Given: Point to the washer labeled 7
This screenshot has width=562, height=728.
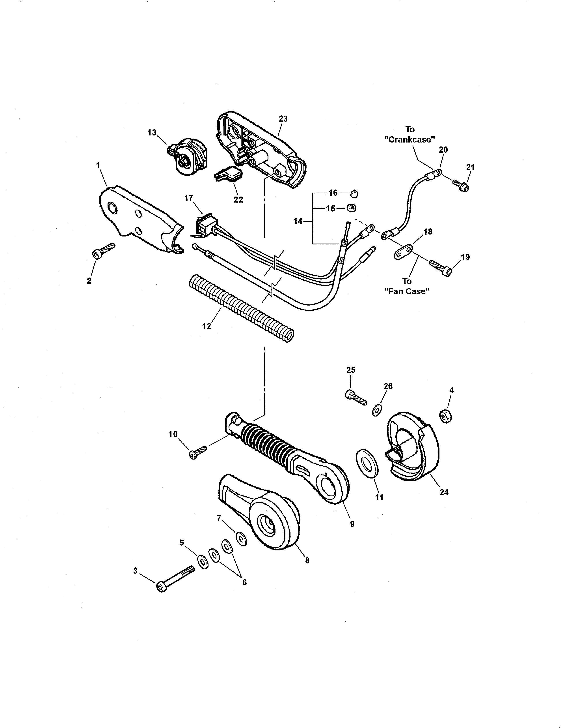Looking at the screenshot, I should [x=241, y=539].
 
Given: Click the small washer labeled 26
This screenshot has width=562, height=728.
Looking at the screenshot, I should [x=377, y=409].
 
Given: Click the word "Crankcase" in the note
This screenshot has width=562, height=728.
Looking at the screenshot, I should [x=410, y=140].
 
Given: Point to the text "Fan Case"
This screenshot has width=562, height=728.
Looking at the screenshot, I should [x=407, y=291].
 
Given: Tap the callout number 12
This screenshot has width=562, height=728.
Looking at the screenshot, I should [x=207, y=326].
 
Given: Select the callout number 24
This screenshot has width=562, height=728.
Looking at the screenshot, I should [x=444, y=492].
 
